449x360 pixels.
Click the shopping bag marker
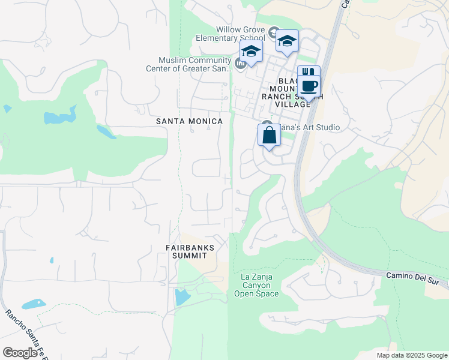[x=269, y=134]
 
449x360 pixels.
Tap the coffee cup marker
[x=309, y=85]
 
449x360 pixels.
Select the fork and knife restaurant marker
[x=308, y=72]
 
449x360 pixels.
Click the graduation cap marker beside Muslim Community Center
[x=251, y=52]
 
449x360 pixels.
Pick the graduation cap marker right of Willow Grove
[x=287, y=41]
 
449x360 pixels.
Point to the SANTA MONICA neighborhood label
[x=189, y=121]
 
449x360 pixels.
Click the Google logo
[x=20, y=353]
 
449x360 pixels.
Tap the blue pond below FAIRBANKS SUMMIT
[x=181, y=296]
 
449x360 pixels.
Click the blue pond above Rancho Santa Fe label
[x=34, y=304]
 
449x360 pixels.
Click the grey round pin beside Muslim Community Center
[x=240, y=64]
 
